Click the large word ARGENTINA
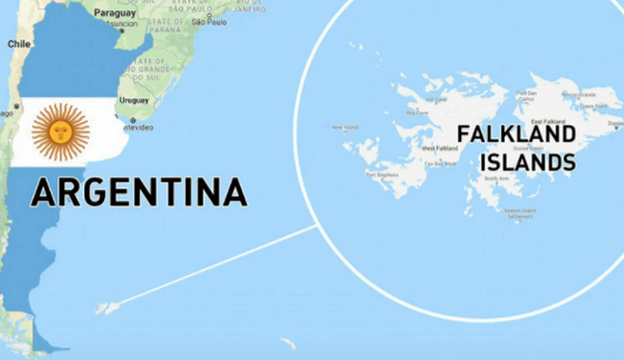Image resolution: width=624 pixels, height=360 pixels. (x=139, y=192)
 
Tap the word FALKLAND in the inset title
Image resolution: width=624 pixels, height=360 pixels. (x=516, y=134)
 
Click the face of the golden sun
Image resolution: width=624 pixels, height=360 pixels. (x=60, y=132)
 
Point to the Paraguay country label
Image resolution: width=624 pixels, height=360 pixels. (x=115, y=12)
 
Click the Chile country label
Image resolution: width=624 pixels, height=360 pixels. (x=19, y=44)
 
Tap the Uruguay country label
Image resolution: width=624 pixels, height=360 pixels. (x=134, y=100)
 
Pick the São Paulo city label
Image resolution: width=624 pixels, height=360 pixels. (x=209, y=22)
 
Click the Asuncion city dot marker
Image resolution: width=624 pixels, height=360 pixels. (x=122, y=31)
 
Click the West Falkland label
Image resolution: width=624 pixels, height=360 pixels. (x=439, y=149)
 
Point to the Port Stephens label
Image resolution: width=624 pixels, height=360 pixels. (x=382, y=175)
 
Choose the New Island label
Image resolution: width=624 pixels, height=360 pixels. (x=345, y=127)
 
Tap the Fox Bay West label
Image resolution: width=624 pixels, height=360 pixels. (x=440, y=163)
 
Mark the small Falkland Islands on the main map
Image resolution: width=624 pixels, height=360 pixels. (x=108, y=308)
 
